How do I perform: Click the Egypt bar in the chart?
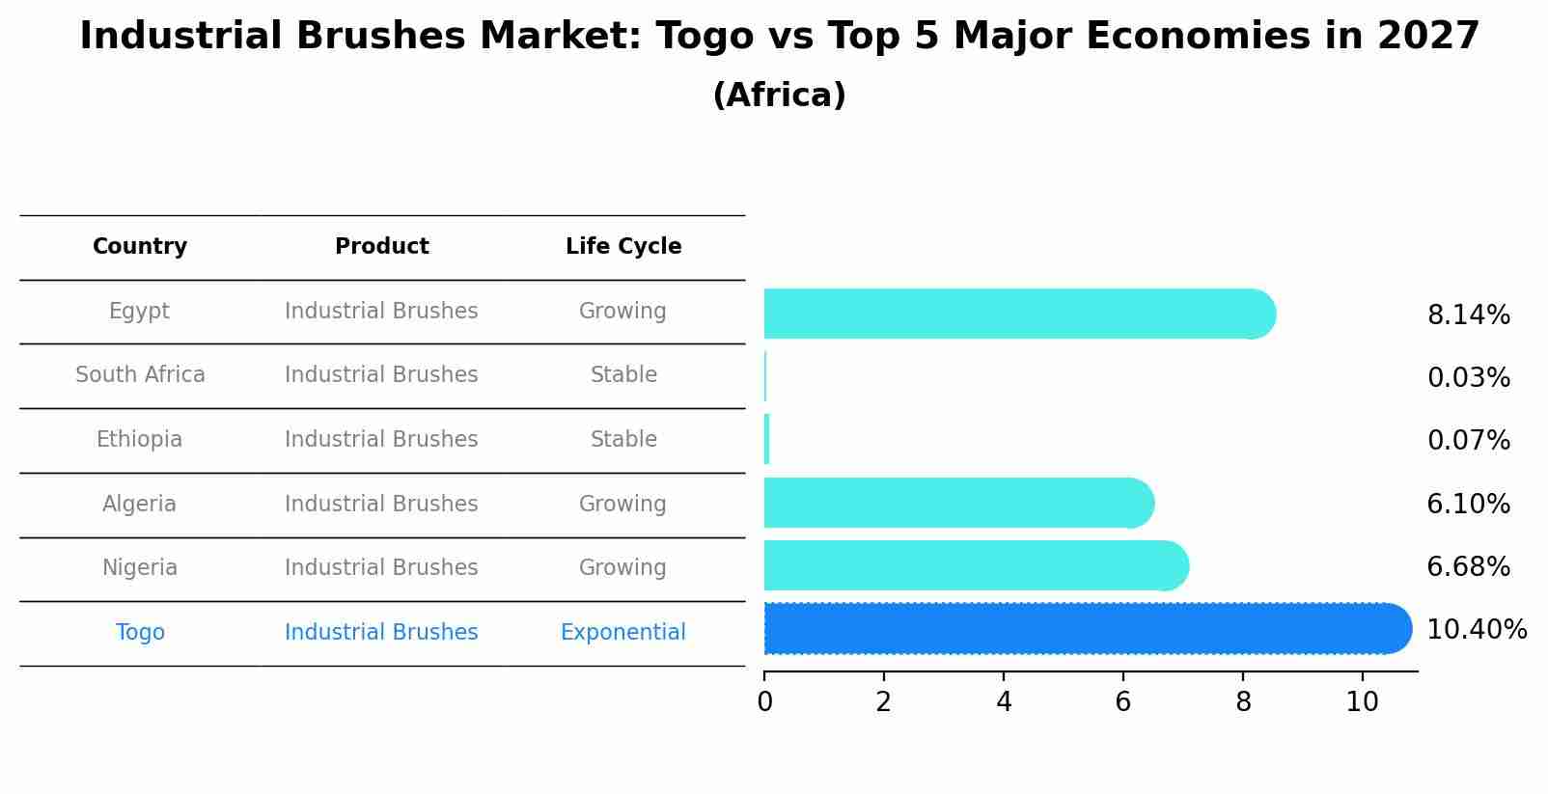tap(1013, 314)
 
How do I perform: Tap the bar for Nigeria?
tap(970, 565)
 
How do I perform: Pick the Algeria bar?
tap(955, 503)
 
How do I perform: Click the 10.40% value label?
tap(1476, 630)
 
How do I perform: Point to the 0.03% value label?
tap(1468, 378)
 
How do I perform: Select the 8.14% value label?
tap(1468, 315)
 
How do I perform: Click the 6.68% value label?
tap(1468, 567)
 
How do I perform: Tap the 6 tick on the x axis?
tap(1122, 702)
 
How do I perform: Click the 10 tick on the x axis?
tap(1362, 702)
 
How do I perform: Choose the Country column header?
tap(140, 247)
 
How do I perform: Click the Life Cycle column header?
tap(623, 247)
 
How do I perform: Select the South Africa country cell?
tap(140, 375)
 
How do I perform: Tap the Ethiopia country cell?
tap(139, 440)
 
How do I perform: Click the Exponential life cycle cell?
tap(622, 633)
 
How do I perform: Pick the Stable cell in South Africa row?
tap(623, 375)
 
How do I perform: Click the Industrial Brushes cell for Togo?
tap(381, 633)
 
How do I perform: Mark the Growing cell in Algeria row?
tap(622, 505)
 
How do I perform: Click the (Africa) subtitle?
tap(779, 96)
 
